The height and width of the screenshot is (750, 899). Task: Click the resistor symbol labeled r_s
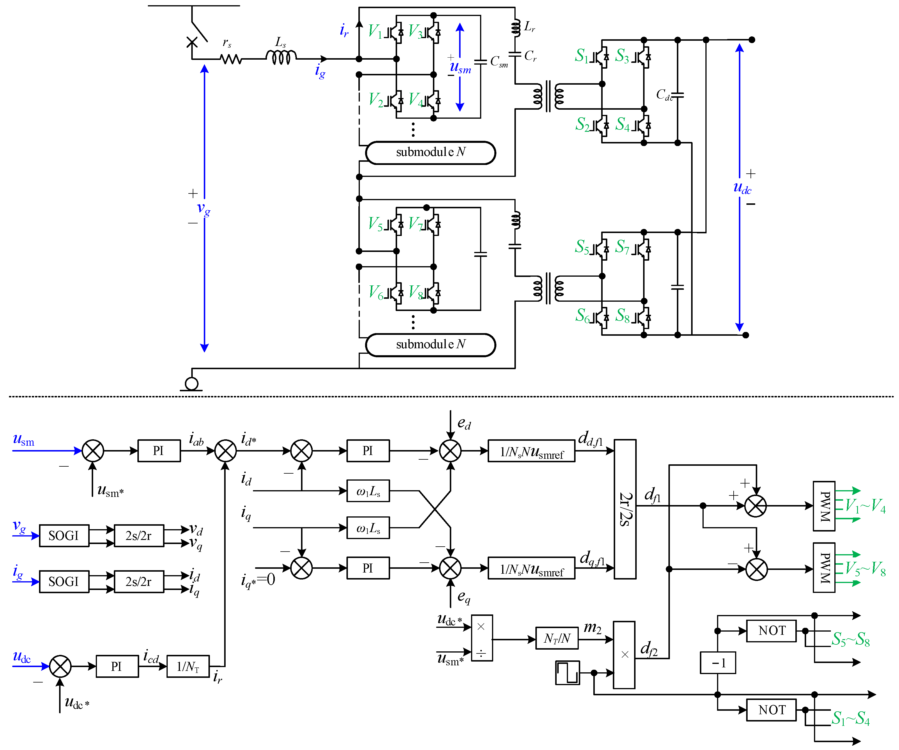231,59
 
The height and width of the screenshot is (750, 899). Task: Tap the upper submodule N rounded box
430,153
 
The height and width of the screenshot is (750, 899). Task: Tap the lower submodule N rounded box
430,345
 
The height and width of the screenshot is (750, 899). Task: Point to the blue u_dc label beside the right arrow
742,188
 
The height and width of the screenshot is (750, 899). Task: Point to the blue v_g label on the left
203,209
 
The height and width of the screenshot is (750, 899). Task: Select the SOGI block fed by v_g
64,535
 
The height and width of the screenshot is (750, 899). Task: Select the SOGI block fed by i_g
64,582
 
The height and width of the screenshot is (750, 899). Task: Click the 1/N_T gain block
188,666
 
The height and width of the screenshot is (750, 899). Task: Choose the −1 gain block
718,663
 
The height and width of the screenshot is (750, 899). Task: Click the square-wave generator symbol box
567,673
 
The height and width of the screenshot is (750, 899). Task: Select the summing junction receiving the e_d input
450,451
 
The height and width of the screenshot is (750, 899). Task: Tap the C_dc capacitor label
664,95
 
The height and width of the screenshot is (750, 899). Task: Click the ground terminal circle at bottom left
191,383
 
